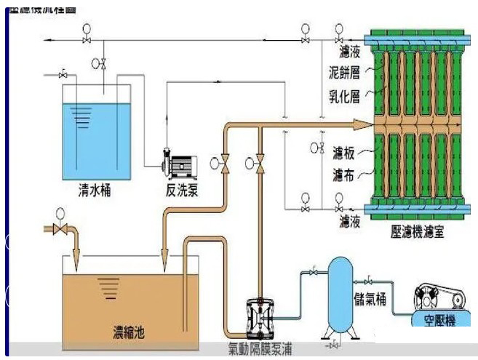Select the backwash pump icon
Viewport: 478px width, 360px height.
(x=179, y=164)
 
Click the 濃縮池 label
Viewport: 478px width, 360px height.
(x=129, y=332)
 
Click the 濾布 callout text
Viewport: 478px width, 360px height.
(x=342, y=175)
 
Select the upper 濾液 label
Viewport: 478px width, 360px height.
(x=349, y=52)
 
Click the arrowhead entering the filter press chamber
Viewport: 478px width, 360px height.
(x=361, y=124)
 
